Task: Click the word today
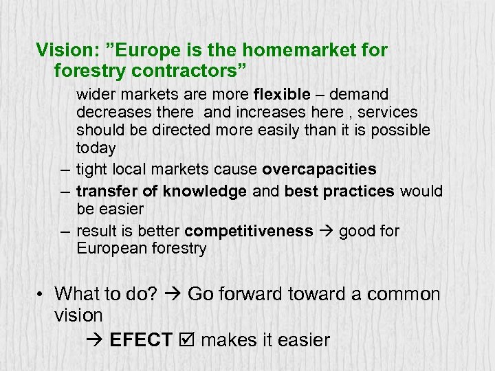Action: [x=96, y=148]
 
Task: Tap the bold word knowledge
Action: [x=204, y=192]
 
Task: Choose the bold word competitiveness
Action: [x=249, y=231]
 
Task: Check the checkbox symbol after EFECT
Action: [x=186, y=339]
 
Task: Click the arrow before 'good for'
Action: [x=326, y=232]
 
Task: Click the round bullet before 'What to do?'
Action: [x=42, y=294]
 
